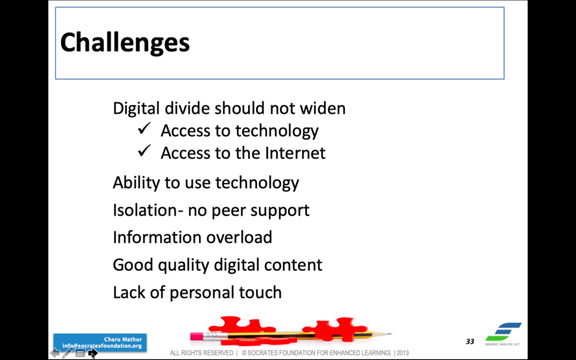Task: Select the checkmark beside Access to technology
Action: (145, 129)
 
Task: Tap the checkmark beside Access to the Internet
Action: (145, 151)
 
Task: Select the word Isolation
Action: (145, 210)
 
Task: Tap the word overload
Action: (238, 237)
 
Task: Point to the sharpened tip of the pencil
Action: (389, 334)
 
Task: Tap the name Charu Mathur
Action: (123, 339)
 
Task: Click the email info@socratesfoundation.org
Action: (102, 346)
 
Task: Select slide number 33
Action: (470, 341)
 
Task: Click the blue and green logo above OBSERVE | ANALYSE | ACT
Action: (503, 332)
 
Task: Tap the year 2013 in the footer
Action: (403, 353)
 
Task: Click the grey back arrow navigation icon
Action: (56, 353)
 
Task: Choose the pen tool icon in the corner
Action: (67, 353)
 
